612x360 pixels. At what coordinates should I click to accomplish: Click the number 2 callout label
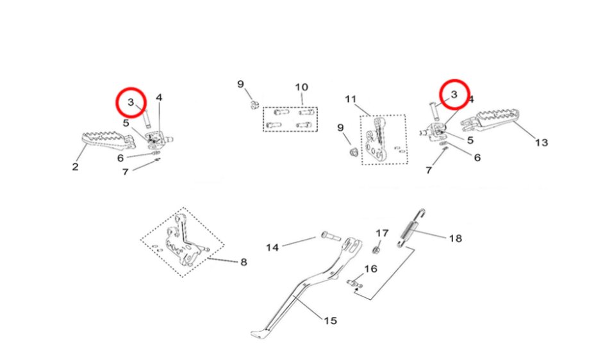(x=75, y=167)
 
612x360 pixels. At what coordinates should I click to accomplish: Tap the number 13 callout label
(x=542, y=142)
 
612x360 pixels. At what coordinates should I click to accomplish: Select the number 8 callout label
(x=244, y=261)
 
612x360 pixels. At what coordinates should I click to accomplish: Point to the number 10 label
(x=301, y=87)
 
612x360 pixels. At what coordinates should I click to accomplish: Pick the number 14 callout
(x=273, y=247)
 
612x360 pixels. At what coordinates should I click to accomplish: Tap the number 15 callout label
(x=330, y=320)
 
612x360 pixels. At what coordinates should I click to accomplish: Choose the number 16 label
(x=370, y=268)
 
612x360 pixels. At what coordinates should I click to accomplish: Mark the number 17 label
(x=382, y=233)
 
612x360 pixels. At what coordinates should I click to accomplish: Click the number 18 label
(x=455, y=238)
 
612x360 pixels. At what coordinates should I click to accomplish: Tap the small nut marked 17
(x=377, y=249)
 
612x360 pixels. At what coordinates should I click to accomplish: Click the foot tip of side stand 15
(x=260, y=334)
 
